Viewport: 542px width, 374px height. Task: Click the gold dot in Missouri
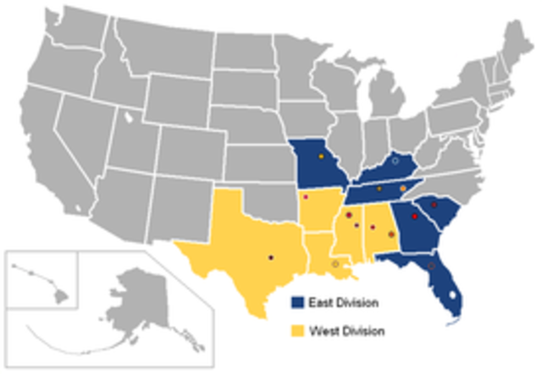pyautogui.click(x=321, y=157)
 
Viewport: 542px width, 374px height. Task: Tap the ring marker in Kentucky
pyautogui.click(x=395, y=150)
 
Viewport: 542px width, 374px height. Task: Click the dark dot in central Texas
pyautogui.click(x=271, y=256)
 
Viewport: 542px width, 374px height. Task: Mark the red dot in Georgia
pyautogui.click(x=414, y=217)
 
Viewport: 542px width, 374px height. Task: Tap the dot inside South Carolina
pyautogui.click(x=433, y=205)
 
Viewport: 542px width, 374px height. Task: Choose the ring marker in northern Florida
pyautogui.click(x=432, y=266)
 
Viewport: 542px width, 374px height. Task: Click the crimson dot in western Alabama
pyautogui.click(x=372, y=229)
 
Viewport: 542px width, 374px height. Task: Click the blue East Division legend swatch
pyautogui.click(x=296, y=302)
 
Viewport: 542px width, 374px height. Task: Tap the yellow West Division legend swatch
pyautogui.click(x=296, y=329)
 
